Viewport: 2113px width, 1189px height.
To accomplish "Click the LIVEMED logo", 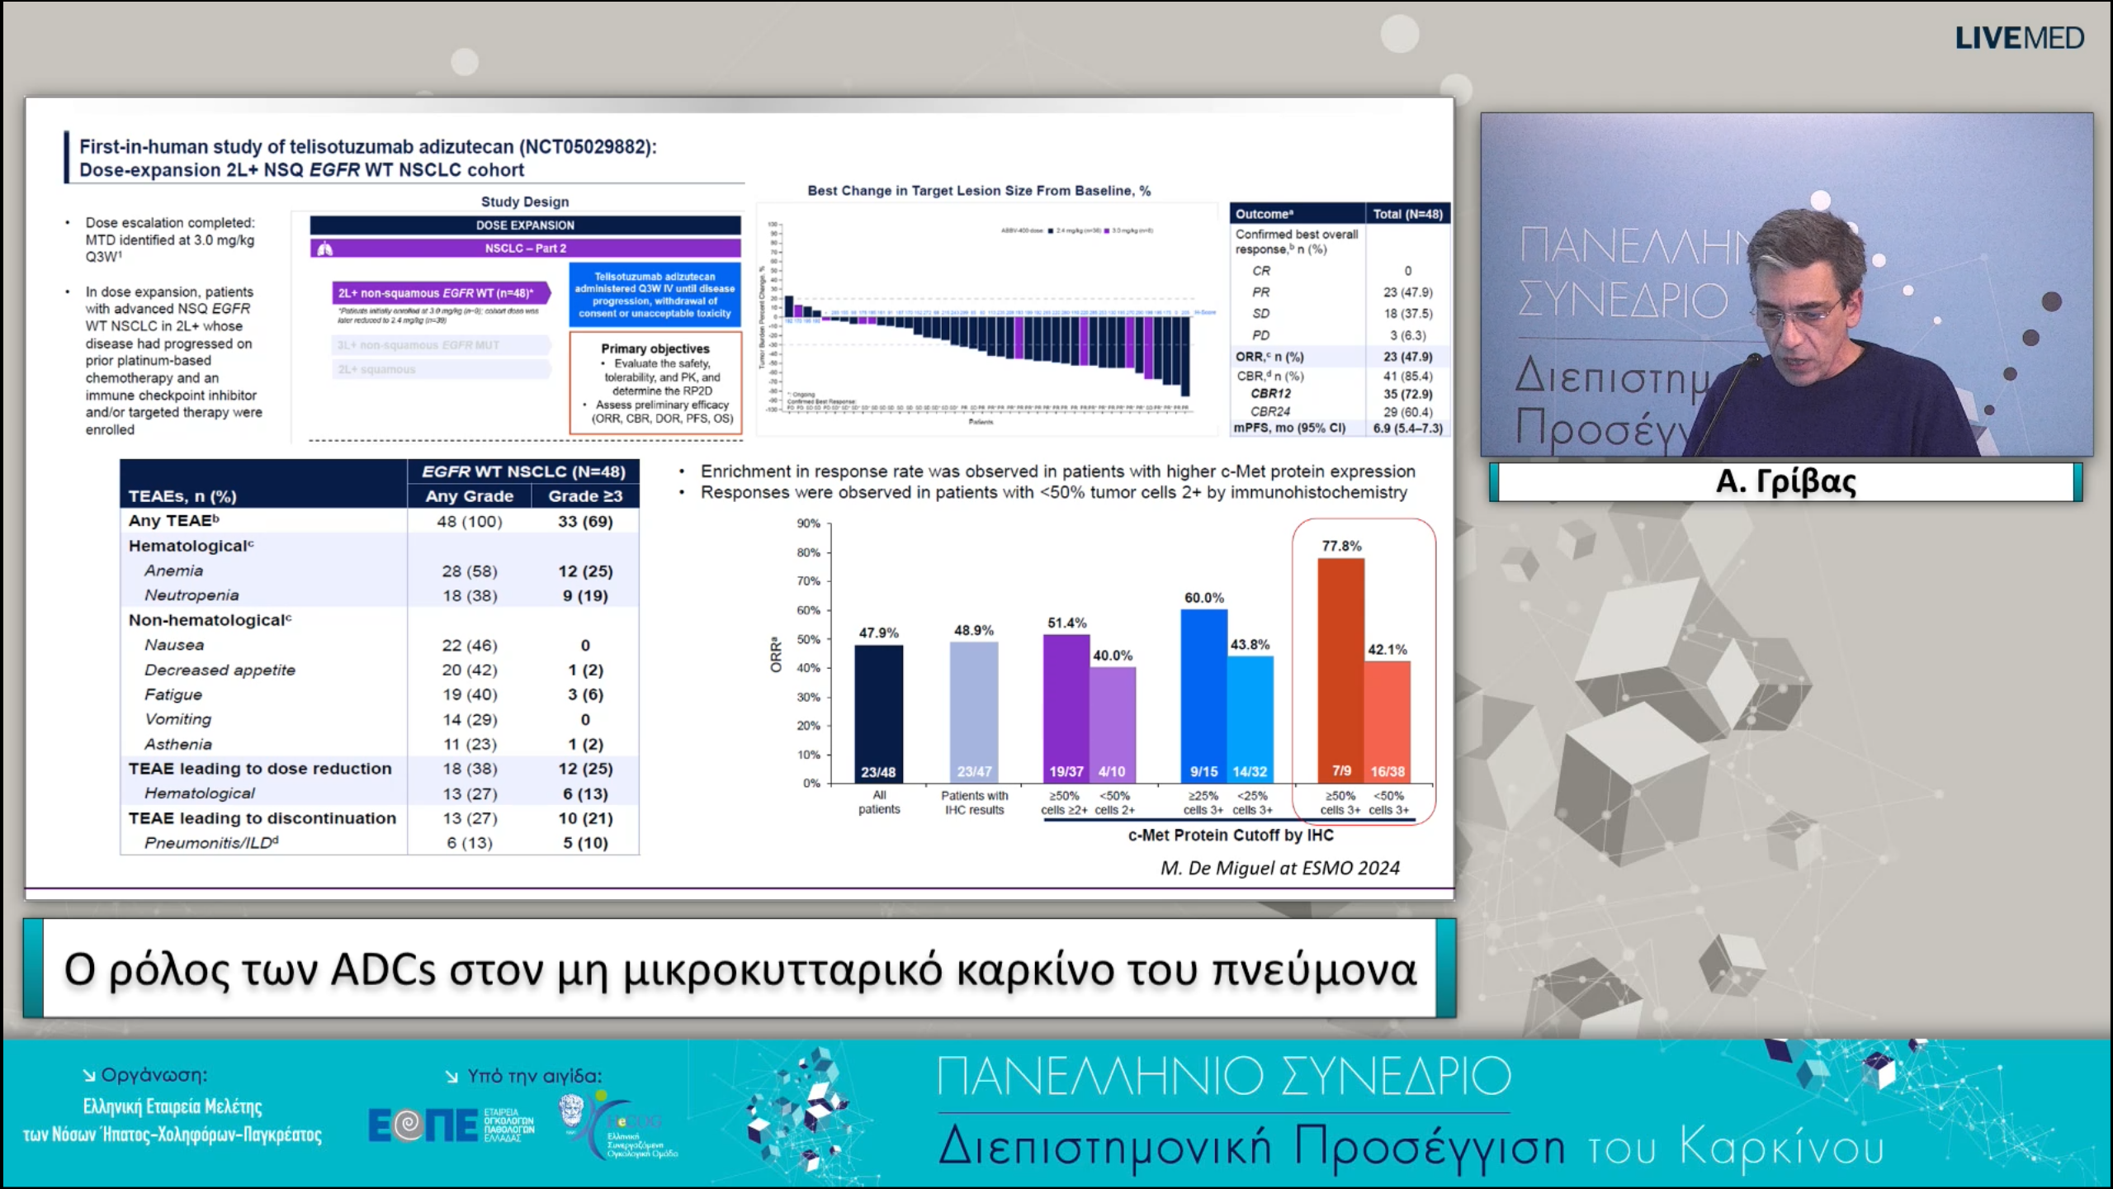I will click(2019, 38).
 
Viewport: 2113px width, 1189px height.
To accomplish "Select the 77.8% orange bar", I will click(1340, 669).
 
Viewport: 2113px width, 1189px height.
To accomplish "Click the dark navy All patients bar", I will click(878, 710).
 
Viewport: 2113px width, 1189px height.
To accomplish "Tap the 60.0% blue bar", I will click(1203, 694).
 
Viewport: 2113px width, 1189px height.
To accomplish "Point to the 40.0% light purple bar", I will click(1113, 718).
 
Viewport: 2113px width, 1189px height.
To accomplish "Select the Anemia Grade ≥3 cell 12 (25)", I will click(585, 571).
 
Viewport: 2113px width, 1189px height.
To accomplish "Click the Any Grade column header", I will click(469, 496).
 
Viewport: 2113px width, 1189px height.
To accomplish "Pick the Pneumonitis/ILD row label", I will click(211, 843).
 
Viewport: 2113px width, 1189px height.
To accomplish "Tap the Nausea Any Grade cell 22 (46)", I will click(469, 646).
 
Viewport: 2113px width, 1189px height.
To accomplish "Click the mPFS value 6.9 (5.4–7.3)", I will click(1407, 429).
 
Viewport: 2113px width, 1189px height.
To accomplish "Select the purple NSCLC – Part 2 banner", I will click(526, 249).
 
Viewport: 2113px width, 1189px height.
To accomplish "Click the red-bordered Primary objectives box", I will click(655, 383).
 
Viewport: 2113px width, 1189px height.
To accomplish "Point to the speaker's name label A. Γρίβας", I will click(1785, 481).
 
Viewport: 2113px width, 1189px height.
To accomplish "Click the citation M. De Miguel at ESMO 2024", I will click(1279, 869).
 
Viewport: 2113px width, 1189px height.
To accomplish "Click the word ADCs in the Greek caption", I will click(383, 970).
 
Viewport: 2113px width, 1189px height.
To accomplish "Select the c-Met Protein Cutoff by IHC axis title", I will click(1230, 836).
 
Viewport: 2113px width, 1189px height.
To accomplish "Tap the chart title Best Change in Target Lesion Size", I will click(978, 191).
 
